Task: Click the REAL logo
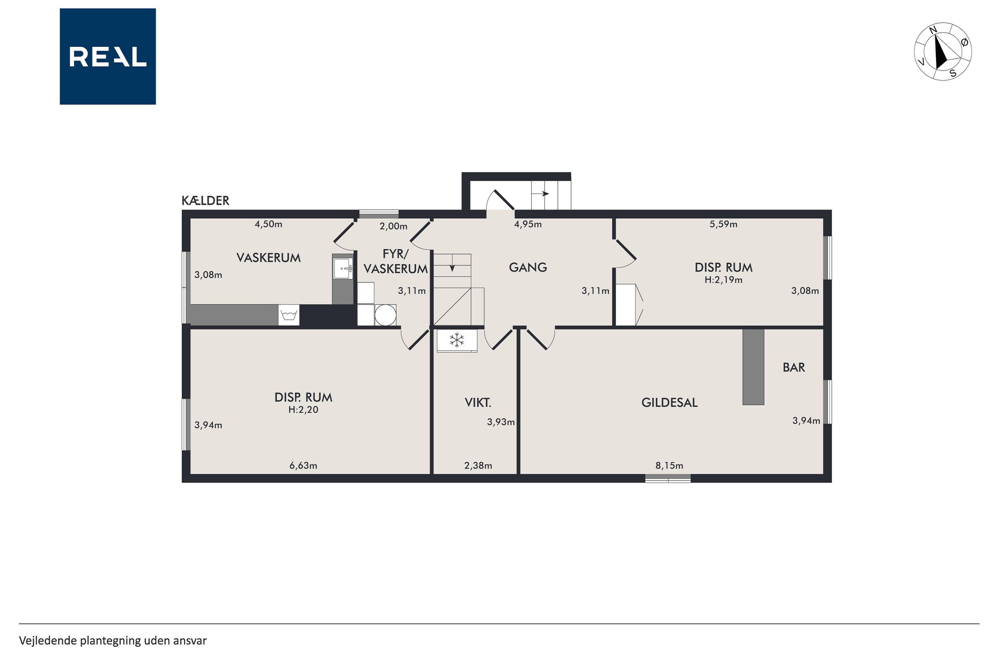coord(108,56)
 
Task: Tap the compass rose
coord(943,52)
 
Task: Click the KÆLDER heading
coord(206,201)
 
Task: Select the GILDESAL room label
coord(670,402)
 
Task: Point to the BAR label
coord(794,367)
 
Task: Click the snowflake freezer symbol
coord(457,339)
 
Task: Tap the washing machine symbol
coord(288,315)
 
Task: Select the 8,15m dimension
coord(670,466)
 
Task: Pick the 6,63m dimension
coord(303,466)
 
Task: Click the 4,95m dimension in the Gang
coord(528,224)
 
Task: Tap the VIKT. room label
coord(478,402)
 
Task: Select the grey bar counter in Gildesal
coord(754,367)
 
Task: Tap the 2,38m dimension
coord(479,466)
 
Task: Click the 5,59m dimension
coord(724,224)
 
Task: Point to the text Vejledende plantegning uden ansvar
coord(113,641)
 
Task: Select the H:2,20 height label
coord(303,410)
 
